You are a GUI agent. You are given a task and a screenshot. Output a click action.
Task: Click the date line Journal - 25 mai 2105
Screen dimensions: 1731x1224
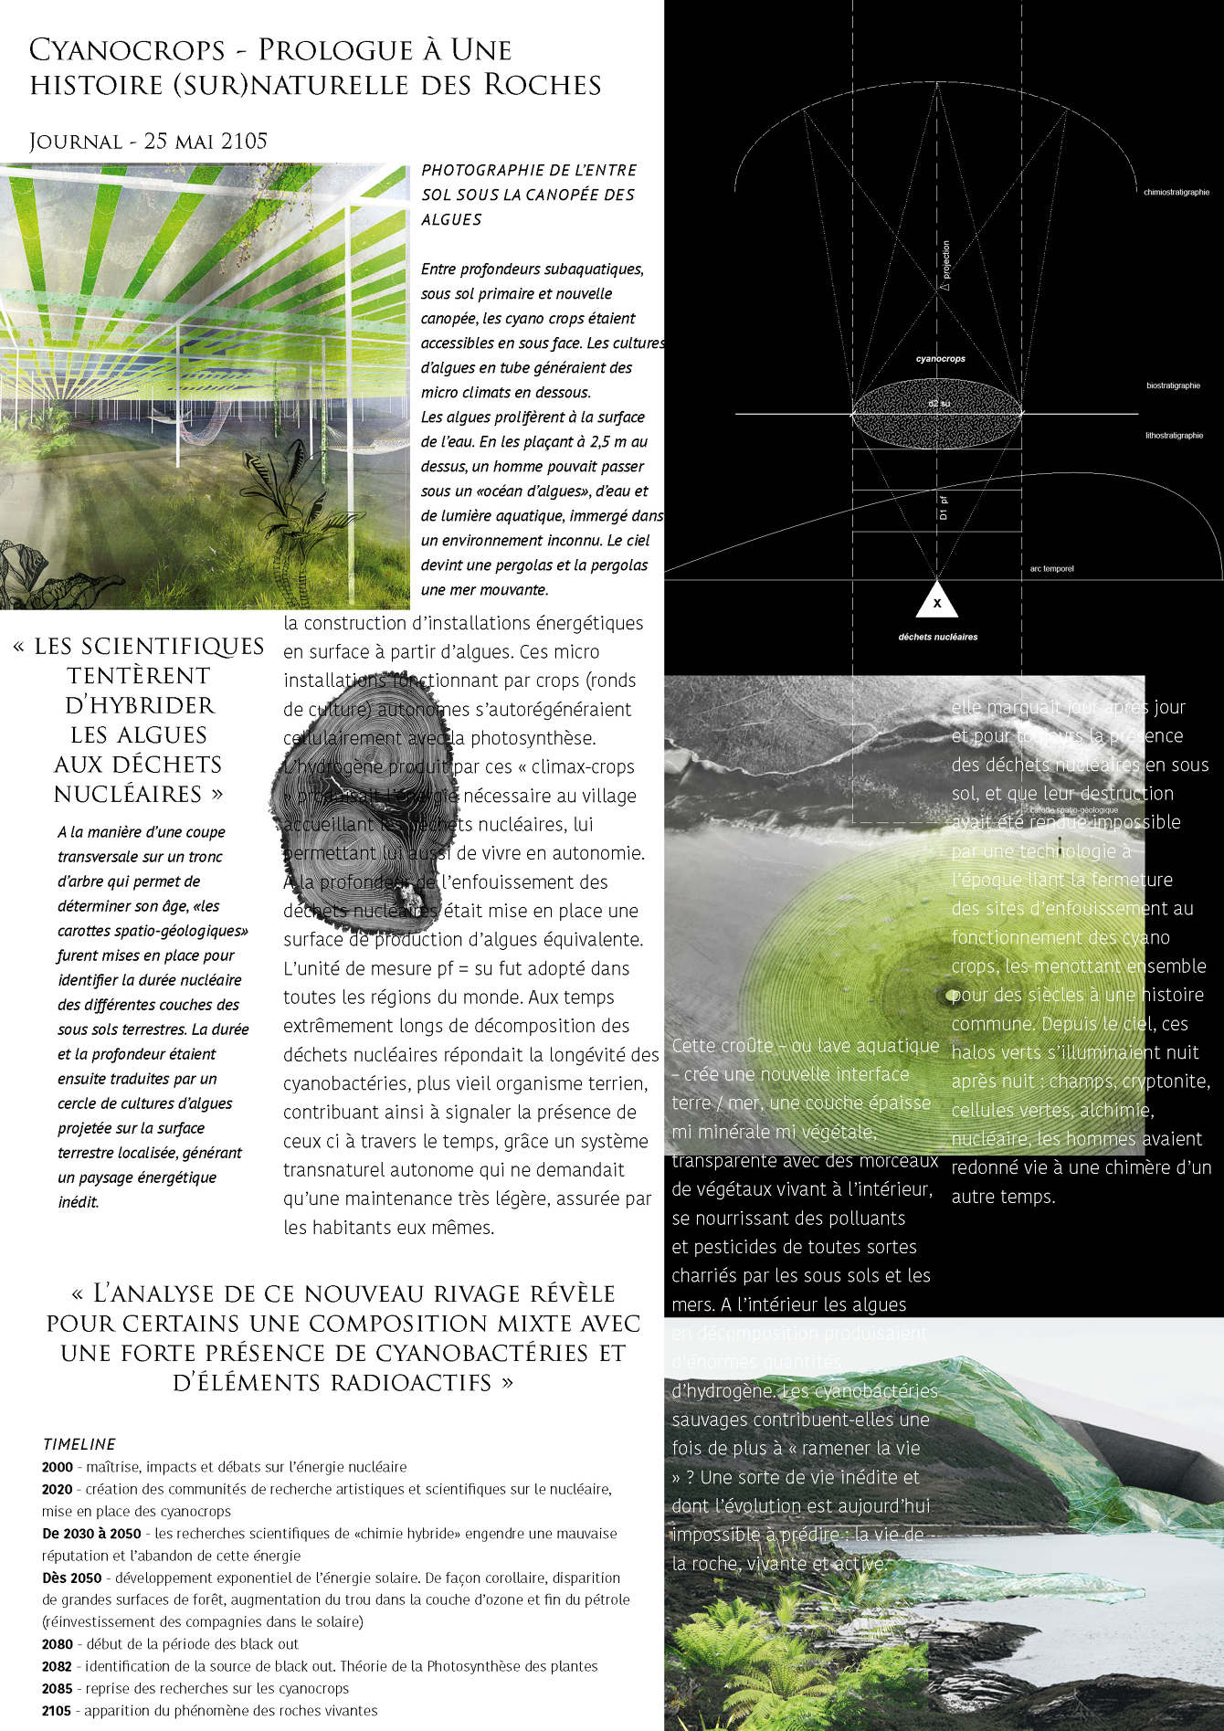(x=148, y=142)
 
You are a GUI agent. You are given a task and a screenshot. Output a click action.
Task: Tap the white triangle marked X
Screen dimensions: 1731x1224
(x=936, y=601)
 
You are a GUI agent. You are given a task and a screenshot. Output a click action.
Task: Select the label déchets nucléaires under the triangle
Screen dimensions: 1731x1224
(x=937, y=637)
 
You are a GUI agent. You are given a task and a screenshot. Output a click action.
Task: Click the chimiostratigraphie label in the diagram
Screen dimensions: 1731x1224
(x=1176, y=193)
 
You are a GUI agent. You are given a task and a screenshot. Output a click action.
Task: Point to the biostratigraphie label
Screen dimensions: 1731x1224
(x=1173, y=385)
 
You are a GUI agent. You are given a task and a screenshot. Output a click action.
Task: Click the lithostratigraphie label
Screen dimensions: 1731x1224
(x=1174, y=435)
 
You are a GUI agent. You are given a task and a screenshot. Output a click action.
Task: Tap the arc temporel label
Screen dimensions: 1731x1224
(x=1051, y=568)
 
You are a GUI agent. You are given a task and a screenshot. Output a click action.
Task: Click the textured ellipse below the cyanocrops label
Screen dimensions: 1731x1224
(x=936, y=414)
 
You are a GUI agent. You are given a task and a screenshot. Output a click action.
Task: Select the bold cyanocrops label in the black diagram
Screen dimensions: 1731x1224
(x=940, y=359)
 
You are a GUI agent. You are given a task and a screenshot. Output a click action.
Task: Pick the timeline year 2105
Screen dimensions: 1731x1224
(x=57, y=1710)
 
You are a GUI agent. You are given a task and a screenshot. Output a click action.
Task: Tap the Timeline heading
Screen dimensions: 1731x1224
(x=79, y=1444)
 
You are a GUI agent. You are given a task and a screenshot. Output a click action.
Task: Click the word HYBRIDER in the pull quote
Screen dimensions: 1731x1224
(x=140, y=705)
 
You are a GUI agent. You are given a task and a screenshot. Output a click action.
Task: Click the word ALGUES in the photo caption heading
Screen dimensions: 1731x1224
(x=451, y=219)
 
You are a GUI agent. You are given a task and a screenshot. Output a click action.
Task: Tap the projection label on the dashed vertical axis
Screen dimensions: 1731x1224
(x=945, y=265)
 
